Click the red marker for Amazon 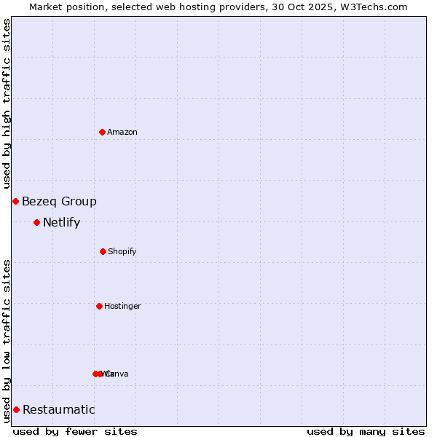pyautogui.click(x=102, y=132)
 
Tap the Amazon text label pyautogui.click(x=122, y=132)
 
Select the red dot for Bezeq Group pyautogui.click(x=15, y=201)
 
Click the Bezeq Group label pyautogui.click(x=59, y=202)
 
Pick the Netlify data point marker pyautogui.click(x=36, y=222)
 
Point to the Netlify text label pyautogui.click(x=61, y=223)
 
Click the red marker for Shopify pyautogui.click(x=103, y=251)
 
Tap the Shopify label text pyautogui.click(x=122, y=251)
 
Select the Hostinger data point pyautogui.click(x=99, y=306)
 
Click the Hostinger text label pyautogui.click(x=122, y=306)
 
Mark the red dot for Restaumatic pyautogui.click(x=16, y=409)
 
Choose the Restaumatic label pyautogui.click(x=59, y=410)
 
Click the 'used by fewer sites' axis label pyautogui.click(x=75, y=431)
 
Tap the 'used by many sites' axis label pyautogui.click(x=366, y=431)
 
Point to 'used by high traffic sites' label pyautogui.click(x=7, y=103)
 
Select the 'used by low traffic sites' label pyautogui.click(x=7, y=341)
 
